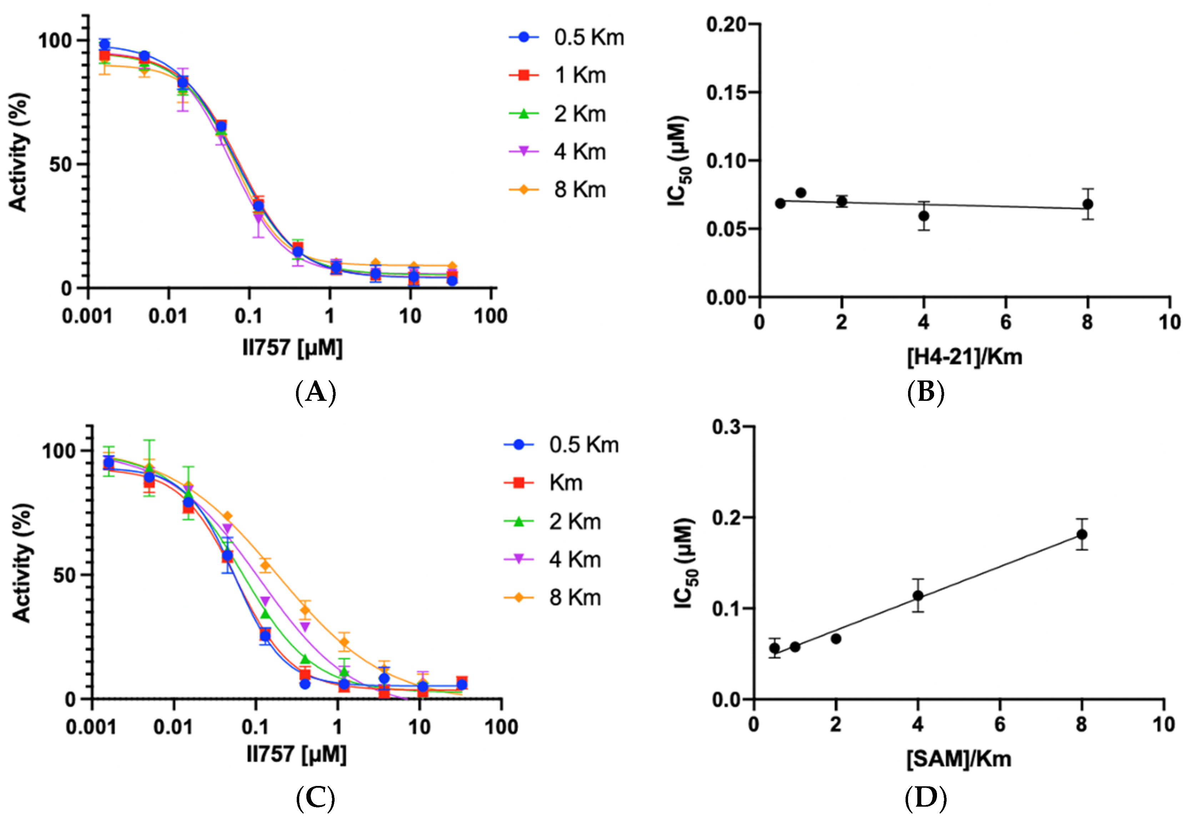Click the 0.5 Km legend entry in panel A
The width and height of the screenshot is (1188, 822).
(567, 37)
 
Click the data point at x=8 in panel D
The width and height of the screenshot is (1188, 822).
(1082, 534)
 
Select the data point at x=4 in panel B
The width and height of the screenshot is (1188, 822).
(924, 215)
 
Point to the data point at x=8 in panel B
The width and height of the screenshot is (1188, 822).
(1088, 204)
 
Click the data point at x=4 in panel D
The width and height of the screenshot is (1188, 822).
(918, 595)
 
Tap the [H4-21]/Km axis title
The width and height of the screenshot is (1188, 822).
(964, 357)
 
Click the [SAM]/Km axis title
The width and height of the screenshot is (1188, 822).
(959, 759)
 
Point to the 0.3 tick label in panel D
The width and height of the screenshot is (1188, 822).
(726, 427)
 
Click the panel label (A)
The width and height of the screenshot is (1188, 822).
(316, 393)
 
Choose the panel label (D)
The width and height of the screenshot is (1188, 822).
(926, 799)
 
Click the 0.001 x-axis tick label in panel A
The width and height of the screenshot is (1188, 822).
(87, 316)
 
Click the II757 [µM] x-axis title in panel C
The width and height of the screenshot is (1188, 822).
(296, 754)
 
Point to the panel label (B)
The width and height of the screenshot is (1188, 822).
(926, 393)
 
